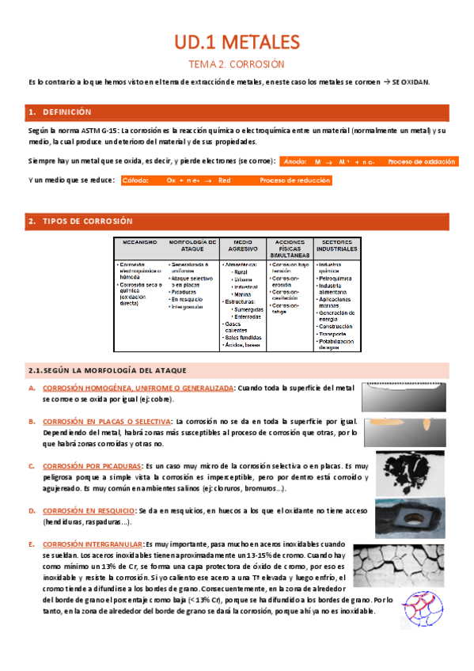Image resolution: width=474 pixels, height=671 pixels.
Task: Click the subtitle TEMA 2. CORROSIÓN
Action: click(x=237, y=63)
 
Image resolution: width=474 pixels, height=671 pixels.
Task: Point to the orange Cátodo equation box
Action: click(x=226, y=180)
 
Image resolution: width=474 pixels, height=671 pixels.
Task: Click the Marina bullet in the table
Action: click(x=243, y=294)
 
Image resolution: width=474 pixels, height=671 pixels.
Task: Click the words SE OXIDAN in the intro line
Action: click(x=411, y=82)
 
